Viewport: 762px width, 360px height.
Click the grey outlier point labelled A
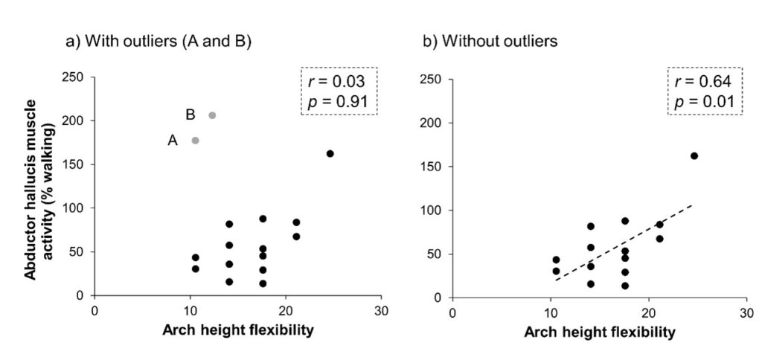coord(195,140)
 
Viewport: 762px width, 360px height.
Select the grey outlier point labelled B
coord(212,115)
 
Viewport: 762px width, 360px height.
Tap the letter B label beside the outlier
coord(190,115)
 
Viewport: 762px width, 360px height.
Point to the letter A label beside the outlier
coord(173,140)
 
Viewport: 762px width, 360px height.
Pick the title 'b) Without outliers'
coord(490,42)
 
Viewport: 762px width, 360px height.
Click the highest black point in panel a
coord(330,153)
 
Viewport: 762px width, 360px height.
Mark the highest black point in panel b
coord(694,155)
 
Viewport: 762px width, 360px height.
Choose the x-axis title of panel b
coord(600,332)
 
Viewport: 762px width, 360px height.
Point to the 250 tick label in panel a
coord(74,77)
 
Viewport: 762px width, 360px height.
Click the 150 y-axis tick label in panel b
coord(433,166)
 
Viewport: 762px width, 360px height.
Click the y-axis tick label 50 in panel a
coord(77,252)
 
